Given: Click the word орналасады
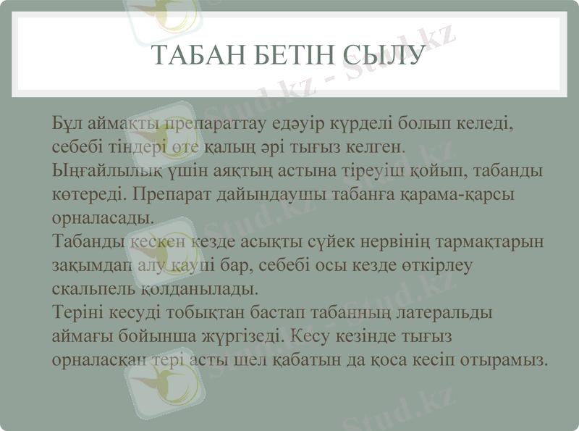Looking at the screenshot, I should coord(101,218).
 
